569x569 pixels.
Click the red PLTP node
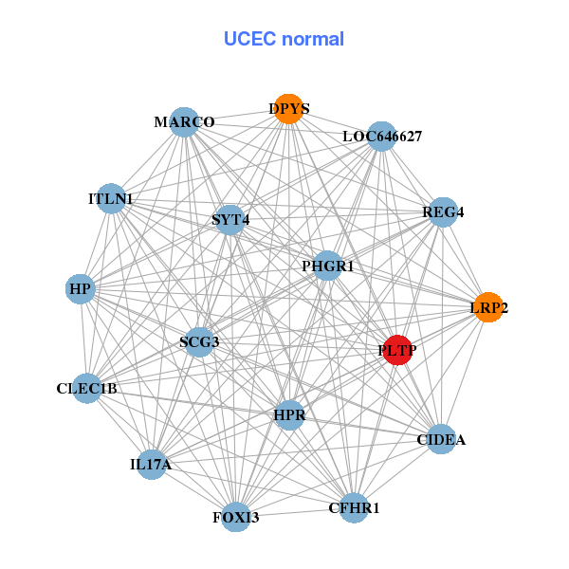pos(397,350)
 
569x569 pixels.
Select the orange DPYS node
pos(288,108)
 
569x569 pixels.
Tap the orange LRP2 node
pos(488,307)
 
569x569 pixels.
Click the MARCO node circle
pos(185,122)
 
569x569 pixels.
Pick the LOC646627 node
pos(381,136)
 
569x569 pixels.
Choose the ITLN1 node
pos(111,199)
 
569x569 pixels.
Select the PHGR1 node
pos(327,266)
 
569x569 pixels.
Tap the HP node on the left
pos(81,288)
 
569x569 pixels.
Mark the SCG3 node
pos(199,341)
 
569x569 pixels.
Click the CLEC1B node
pos(87,388)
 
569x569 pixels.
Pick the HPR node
pos(288,415)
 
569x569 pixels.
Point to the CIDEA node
pos(441,439)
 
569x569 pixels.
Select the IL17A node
pos(152,465)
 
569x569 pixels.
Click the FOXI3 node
pos(236,517)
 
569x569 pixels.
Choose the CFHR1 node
pos(354,508)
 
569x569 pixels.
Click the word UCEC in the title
pos(248,39)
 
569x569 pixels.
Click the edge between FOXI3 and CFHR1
pos(295,513)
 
